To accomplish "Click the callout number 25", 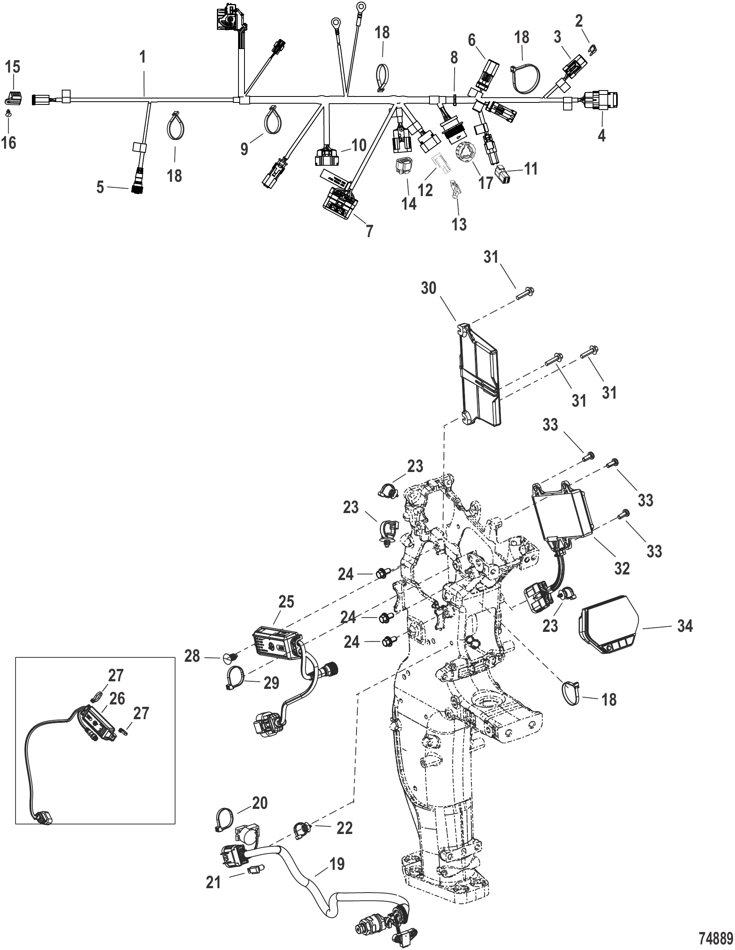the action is tap(286, 602).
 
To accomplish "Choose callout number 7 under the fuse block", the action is tap(369, 231).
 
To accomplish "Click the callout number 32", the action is tap(621, 568).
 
